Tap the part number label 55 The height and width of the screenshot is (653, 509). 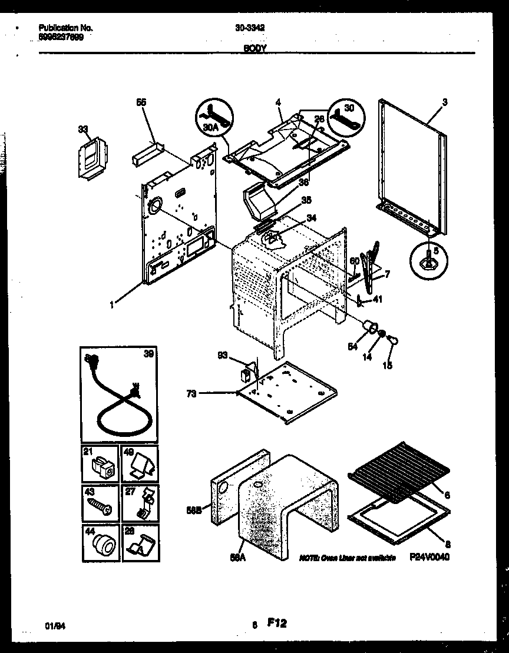tap(141, 102)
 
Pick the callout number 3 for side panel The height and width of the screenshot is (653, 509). tap(445, 102)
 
